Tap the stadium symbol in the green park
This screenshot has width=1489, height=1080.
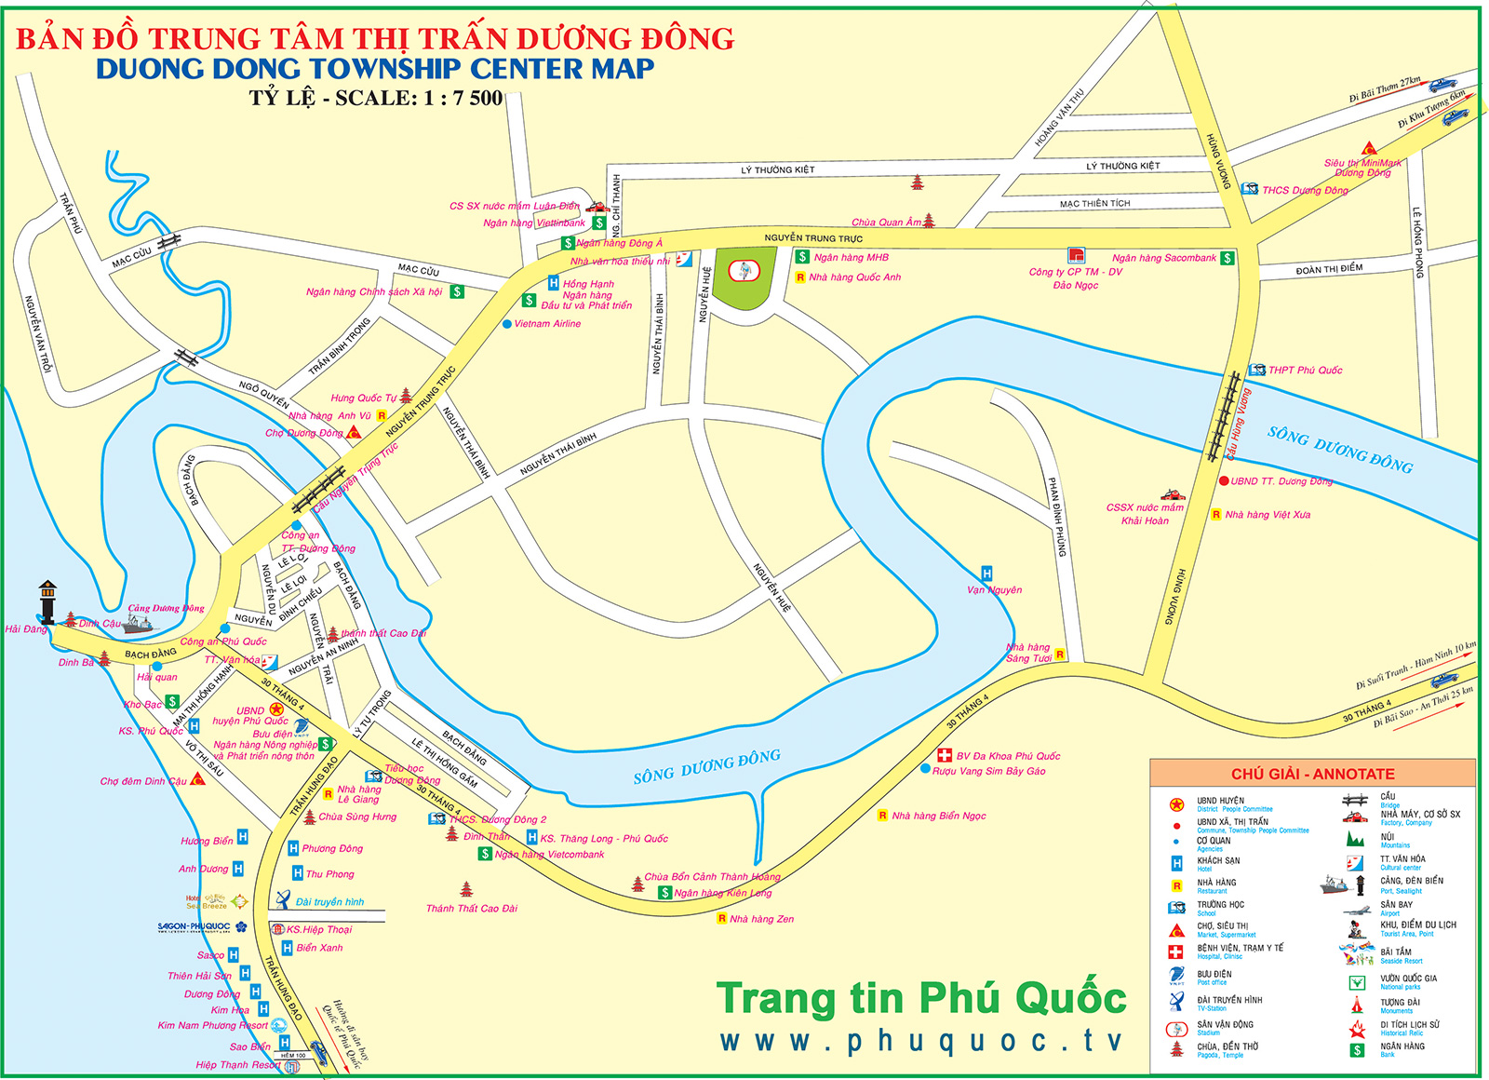[744, 271]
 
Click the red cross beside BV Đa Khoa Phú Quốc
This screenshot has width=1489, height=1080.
[945, 755]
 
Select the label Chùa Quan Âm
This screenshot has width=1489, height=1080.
[886, 223]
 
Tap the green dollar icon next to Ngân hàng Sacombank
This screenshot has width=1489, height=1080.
[1227, 258]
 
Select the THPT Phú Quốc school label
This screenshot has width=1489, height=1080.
[1305, 370]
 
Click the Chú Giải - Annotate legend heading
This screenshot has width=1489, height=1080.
[1312, 774]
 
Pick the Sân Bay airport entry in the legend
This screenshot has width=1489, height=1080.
[1396, 904]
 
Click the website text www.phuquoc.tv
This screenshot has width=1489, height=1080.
[921, 1041]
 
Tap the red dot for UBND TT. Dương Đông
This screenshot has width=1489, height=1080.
[1224, 481]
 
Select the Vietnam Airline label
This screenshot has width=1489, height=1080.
[547, 324]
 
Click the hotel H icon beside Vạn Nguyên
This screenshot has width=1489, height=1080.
[986, 573]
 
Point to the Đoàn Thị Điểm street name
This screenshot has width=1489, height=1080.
[1329, 270]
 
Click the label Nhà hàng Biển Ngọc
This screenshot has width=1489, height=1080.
[938, 816]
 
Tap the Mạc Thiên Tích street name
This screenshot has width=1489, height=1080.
[1094, 203]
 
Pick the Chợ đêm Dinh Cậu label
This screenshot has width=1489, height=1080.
[143, 781]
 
